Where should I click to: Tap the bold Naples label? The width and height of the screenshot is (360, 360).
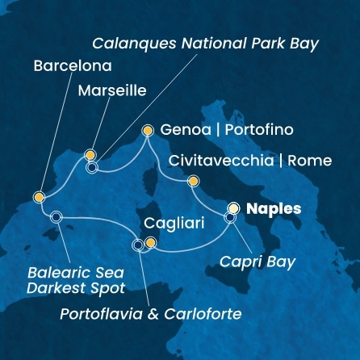click(273, 208)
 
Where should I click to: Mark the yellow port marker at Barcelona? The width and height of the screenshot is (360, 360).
click(39, 197)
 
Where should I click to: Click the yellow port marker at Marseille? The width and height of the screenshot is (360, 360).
click(90, 154)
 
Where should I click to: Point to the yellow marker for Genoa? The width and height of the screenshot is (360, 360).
click(148, 129)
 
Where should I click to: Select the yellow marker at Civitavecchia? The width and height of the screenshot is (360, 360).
click(192, 181)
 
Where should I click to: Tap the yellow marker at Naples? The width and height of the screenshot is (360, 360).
click(234, 207)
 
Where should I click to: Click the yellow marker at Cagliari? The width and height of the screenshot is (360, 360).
click(150, 243)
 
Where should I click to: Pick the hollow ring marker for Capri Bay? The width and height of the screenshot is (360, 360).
click(230, 217)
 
